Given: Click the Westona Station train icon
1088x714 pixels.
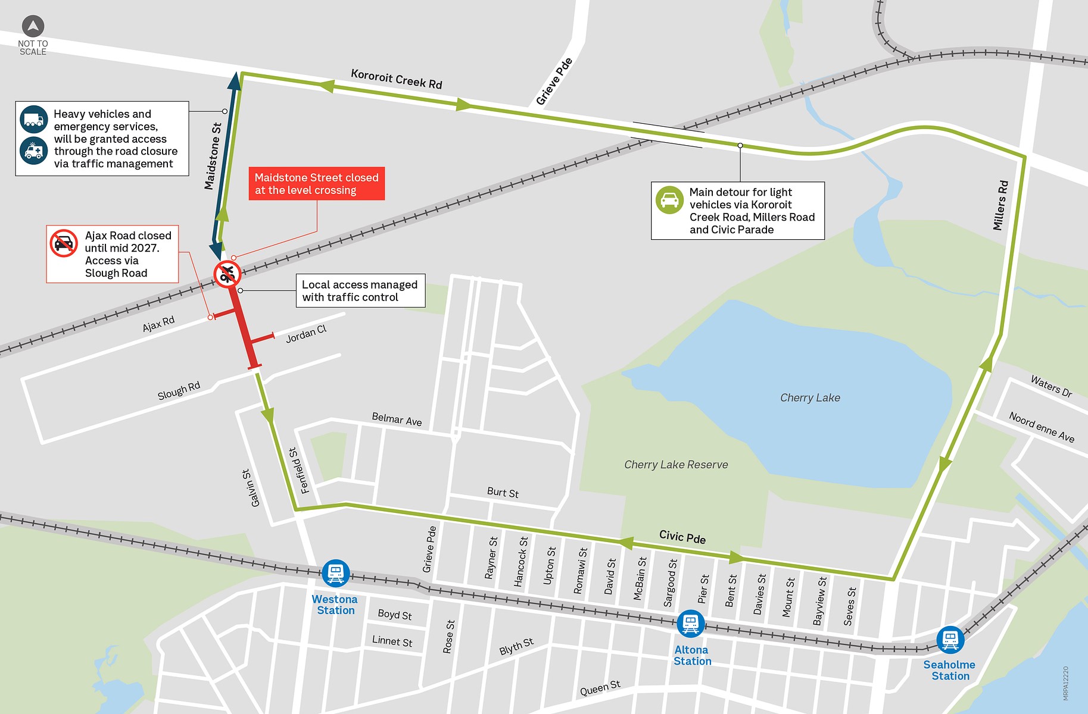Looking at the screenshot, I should [336, 574].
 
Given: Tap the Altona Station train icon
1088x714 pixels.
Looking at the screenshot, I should [690, 624].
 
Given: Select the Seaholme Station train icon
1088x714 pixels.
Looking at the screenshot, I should [950, 640].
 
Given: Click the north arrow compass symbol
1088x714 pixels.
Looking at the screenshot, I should [33, 26].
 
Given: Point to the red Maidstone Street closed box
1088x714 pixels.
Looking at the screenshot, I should [316, 184].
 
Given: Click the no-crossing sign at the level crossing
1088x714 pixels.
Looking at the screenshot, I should [227, 274].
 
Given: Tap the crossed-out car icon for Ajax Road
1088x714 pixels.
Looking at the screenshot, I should [64, 243].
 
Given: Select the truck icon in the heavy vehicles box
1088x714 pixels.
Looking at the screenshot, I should [34, 120].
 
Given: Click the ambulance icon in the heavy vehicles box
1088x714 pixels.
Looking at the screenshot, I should [34, 151].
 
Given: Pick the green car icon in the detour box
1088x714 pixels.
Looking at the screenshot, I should [669, 200].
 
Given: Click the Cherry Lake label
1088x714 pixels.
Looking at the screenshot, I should [810, 397].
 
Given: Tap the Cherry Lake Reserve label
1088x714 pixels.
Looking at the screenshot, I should [676, 465].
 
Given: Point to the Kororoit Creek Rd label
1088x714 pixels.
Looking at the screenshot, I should [396, 79].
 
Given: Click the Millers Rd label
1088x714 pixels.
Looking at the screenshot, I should [1000, 205].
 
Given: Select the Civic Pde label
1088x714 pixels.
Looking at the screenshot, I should [682, 537].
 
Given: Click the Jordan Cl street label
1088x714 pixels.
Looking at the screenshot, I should [306, 334].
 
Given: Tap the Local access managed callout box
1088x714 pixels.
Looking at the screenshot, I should [360, 290].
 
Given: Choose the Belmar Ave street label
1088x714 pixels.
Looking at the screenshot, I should [397, 419].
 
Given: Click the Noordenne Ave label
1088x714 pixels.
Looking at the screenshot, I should [1042, 427].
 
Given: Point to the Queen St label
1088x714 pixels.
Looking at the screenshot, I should [600, 688].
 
